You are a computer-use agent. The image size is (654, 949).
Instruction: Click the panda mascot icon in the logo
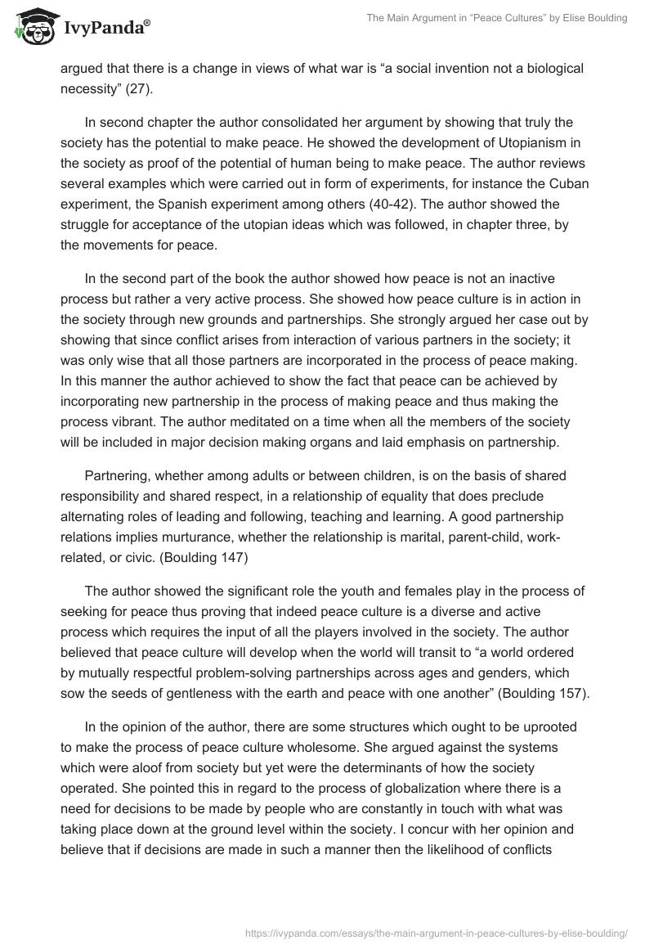point(32,28)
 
